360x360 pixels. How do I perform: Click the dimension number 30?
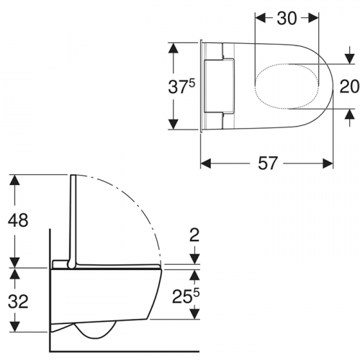[x=287, y=19]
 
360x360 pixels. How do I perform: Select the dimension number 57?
[x=268, y=163]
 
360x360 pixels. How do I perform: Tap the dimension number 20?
[x=349, y=86]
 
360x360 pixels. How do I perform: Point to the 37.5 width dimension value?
[x=181, y=86]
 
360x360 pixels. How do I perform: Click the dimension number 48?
[x=18, y=220]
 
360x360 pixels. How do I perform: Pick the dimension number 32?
[x=18, y=302]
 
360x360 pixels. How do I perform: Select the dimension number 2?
[x=194, y=235]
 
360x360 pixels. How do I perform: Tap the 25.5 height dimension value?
[x=186, y=297]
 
